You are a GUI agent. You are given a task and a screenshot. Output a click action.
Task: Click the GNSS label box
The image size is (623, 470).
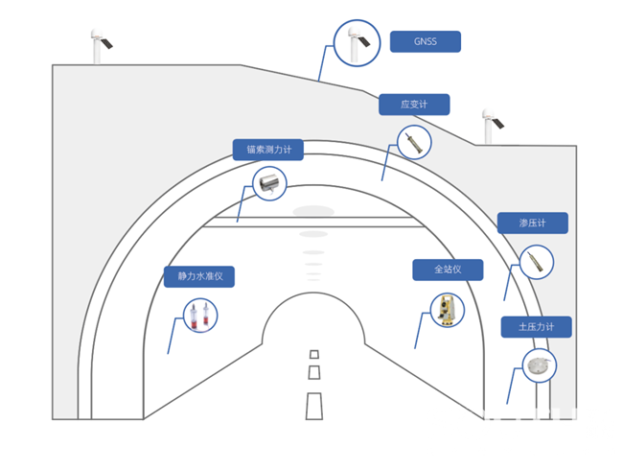click(x=425, y=42)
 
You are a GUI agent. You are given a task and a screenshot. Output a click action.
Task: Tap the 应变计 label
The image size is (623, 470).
click(x=413, y=105)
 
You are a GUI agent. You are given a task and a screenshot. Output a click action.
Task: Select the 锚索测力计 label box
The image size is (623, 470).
click(x=268, y=150)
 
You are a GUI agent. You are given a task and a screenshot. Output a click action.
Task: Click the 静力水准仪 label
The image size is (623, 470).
click(x=199, y=276)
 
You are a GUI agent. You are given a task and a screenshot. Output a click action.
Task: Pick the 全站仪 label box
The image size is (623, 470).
click(x=448, y=270)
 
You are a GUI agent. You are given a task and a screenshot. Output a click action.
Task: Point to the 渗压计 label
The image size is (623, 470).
click(x=532, y=223)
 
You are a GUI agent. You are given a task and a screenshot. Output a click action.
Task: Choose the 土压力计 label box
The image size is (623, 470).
click(x=536, y=327)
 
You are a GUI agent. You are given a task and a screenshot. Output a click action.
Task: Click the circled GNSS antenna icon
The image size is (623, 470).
click(x=357, y=43)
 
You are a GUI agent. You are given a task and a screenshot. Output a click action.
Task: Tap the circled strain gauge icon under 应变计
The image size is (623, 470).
click(x=414, y=143)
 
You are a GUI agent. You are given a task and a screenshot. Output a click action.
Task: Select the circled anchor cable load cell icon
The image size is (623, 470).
click(x=269, y=182)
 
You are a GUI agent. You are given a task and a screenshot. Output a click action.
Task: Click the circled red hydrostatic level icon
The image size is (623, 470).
click(x=200, y=316)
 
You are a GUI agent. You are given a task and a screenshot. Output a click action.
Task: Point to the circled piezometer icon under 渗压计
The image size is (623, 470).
click(x=536, y=262)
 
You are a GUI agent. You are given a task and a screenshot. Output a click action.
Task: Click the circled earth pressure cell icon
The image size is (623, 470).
click(x=540, y=364)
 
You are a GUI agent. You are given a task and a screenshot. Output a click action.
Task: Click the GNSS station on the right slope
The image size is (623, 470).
click(x=490, y=126)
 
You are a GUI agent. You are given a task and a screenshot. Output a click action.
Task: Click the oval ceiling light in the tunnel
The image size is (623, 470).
click(x=313, y=211)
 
